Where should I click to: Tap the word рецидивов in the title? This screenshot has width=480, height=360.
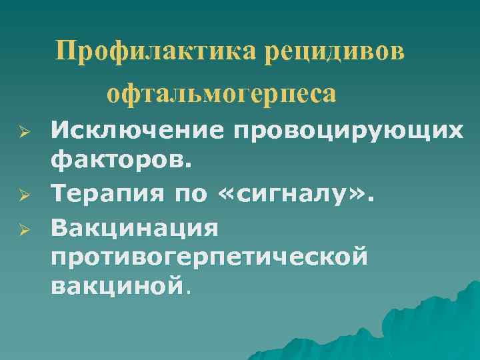coord(333,51)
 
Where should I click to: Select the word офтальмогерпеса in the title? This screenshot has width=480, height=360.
coord(221,93)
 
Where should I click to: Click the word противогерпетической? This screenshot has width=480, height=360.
coord(209,257)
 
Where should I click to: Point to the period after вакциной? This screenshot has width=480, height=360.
coord(189,292)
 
